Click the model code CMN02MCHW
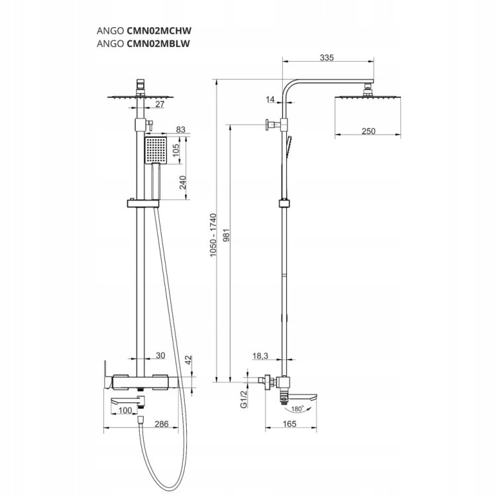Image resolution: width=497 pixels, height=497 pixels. pos(159,30)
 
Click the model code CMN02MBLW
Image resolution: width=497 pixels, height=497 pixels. pos(158,44)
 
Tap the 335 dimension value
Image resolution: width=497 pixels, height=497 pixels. pos(327,58)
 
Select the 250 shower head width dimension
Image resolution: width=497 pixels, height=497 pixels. pos(368,131)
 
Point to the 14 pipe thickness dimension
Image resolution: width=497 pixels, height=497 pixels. pos(270,99)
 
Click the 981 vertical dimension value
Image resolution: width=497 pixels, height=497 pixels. pos(227,235)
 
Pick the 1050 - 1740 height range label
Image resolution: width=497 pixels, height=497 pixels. pos(213,235)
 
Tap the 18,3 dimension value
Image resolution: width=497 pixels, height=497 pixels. pos(260,356)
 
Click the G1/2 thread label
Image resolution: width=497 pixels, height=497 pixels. pos(244,399)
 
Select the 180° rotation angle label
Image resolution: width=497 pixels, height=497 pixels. pos(297,409)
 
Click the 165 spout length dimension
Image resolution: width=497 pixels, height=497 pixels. pos(289,424)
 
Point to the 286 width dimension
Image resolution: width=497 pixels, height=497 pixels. pos(161,424)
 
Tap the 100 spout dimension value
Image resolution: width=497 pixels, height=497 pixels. pos(125,410)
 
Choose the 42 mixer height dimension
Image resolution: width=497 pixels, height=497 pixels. pos(188,360)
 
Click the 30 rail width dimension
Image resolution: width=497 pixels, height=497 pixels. pos(160,355)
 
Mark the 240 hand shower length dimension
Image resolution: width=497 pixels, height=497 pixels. pos(183,182)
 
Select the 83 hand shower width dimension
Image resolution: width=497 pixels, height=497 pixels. pos(180,129)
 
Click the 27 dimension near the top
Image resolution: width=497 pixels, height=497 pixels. pos(160,103)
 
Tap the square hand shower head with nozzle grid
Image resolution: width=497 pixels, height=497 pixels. pos(156,150)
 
